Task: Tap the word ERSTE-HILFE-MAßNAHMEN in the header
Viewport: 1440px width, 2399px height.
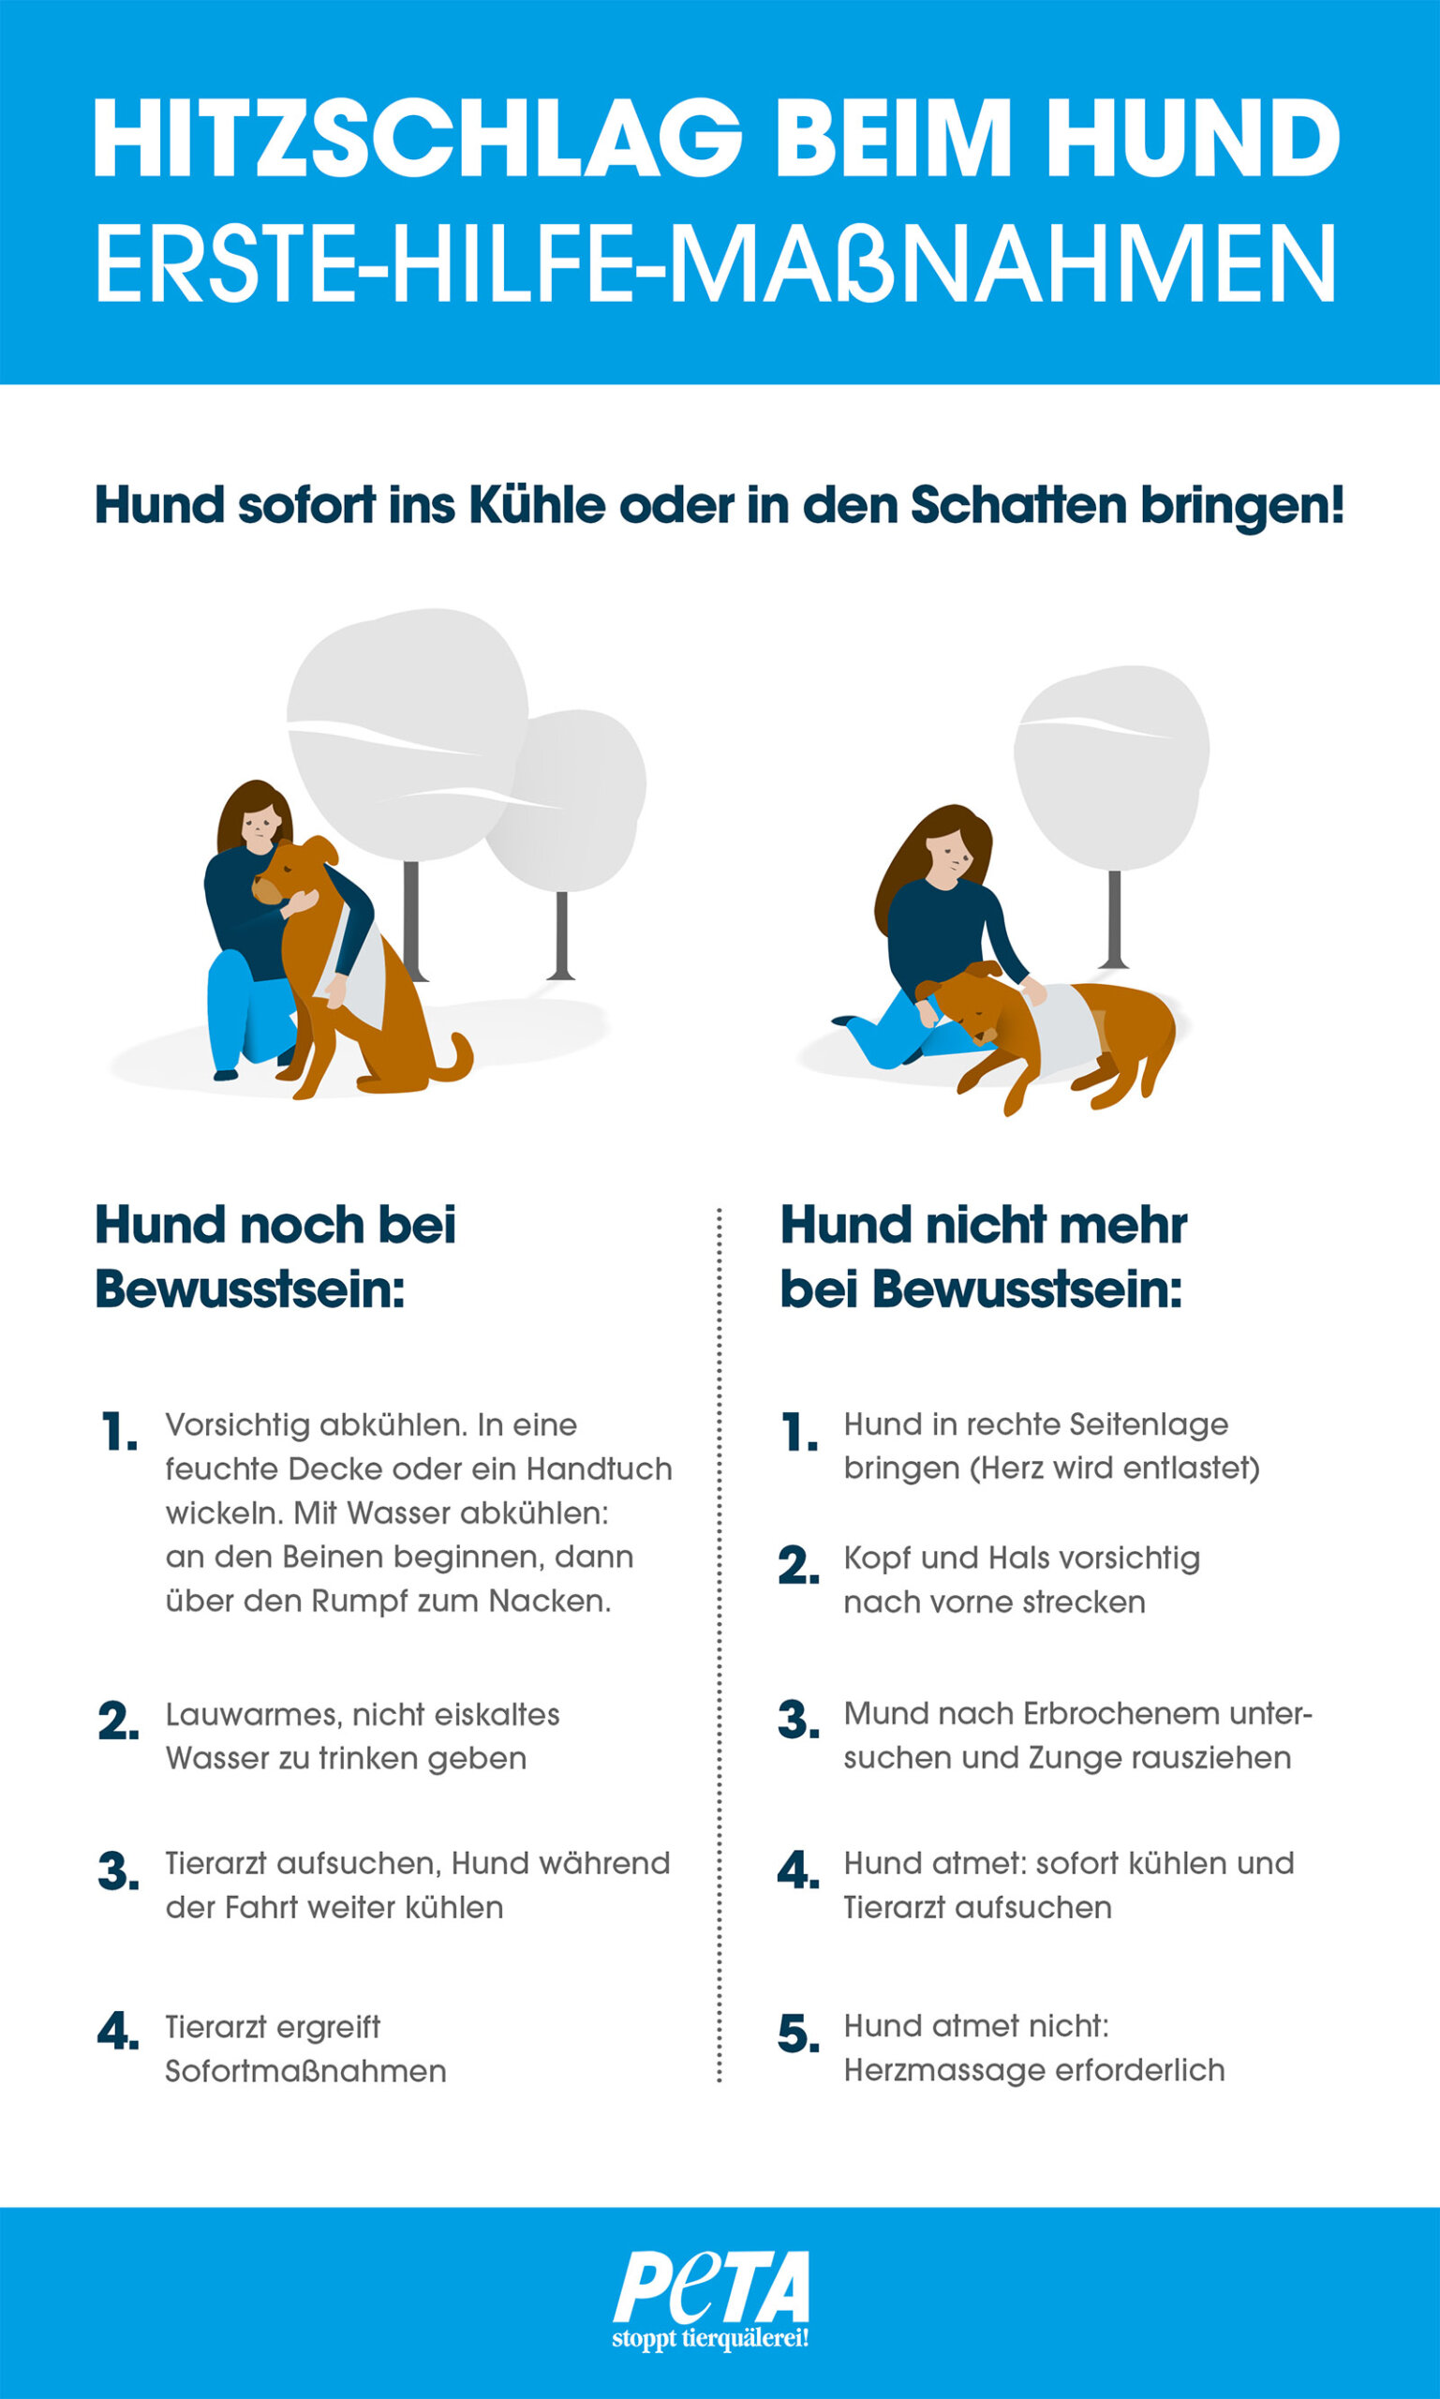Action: click(x=716, y=264)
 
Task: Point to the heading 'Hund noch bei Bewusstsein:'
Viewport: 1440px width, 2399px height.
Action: click(x=275, y=1257)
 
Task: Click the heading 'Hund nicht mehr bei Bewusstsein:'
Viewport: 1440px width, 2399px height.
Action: click(x=983, y=1257)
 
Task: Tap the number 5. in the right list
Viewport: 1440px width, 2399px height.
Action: click(x=797, y=2034)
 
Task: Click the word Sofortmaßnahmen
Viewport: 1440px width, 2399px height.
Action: click(x=305, y=2071)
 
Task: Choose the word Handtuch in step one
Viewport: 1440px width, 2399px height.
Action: click(x=599, y=1469)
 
